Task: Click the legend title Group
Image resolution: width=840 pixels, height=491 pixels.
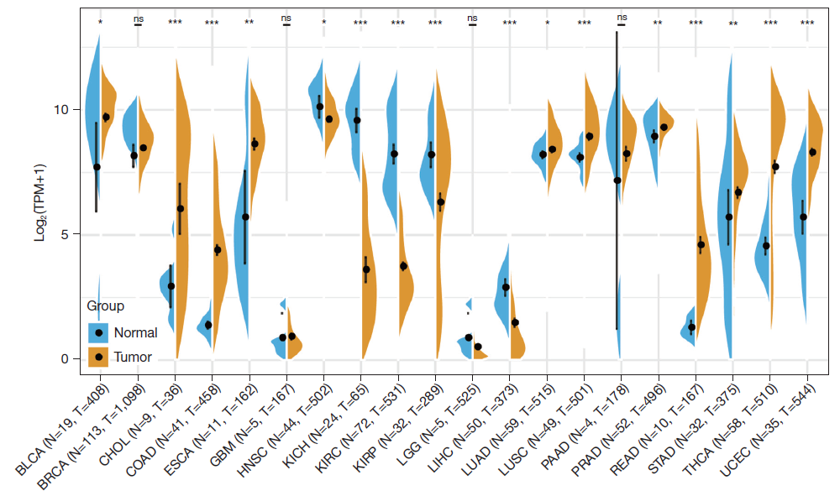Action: coord(106,306)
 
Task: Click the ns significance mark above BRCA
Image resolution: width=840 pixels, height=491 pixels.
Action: coord(138,18)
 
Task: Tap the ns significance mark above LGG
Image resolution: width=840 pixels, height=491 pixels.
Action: coord(472,18)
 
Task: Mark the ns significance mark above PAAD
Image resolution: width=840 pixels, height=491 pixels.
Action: coord(622,18)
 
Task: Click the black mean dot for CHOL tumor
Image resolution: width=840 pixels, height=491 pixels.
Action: coord(181,208)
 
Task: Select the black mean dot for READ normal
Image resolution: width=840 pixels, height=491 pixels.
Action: coord(691,327)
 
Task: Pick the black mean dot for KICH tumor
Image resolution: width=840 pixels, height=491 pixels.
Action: coord(366,269)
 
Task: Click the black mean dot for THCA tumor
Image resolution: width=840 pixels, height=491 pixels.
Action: coord(775,167)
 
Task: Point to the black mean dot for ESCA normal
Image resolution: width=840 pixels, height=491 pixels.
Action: coord(245,217)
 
